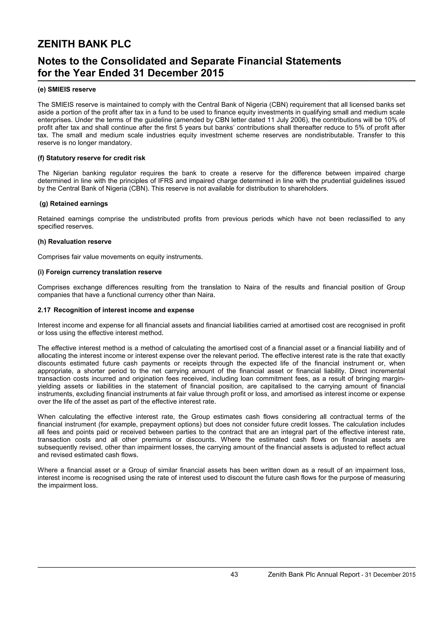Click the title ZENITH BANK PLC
point(84,44)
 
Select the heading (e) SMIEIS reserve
point(67,89)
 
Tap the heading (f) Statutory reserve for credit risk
point(91,158)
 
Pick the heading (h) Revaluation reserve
point(75,242)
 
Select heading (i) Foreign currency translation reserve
point(100,272)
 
